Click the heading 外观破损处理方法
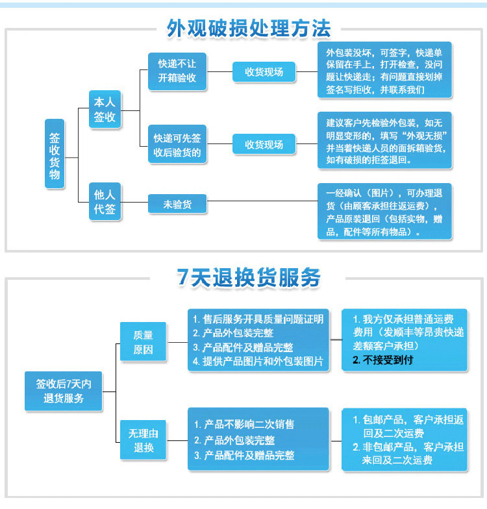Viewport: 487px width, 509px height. point(249,28)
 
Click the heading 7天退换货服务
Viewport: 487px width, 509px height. point(249,277)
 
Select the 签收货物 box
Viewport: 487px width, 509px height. point(55,153)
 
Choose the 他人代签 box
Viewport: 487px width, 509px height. point(105,201)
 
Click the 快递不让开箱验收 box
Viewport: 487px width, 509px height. point(177,71)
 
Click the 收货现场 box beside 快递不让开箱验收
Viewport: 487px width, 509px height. point(264,72)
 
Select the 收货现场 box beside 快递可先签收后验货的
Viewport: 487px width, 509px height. point(264,144)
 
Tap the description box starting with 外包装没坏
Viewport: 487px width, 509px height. point(384,71)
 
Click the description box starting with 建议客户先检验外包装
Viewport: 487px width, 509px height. point(384,141)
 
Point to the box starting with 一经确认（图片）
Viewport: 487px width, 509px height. point(384,212)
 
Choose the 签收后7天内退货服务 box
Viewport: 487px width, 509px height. point(64,391)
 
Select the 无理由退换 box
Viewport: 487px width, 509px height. point(143,440)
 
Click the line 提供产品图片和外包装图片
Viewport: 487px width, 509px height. point(258,361)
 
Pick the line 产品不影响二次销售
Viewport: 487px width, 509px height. point(244,424)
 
